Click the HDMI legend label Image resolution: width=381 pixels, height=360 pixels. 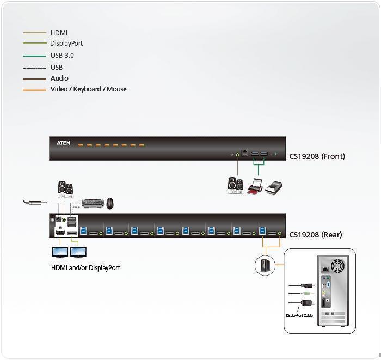point(59,33)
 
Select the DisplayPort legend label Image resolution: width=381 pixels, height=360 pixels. point(66,44)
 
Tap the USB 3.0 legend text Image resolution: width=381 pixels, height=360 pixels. point(62,56)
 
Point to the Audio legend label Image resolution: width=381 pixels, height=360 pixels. point(59,78)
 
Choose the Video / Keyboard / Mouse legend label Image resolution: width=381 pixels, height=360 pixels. point(88,89)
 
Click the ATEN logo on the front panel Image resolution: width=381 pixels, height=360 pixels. point(64,144)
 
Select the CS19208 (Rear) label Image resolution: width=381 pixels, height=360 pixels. point(316,235)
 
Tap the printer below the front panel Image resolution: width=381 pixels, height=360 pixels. point(255,187)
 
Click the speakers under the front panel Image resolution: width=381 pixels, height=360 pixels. point(235,185)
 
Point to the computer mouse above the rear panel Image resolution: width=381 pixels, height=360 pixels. point(109,204)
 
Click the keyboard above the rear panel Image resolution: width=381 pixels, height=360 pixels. point(92,203)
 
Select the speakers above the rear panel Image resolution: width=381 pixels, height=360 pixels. point(65,188)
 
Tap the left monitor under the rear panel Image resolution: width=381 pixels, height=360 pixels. point(59,253)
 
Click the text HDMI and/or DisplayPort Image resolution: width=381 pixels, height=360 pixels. point(85,268)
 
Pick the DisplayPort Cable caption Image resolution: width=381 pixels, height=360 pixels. point(299,316)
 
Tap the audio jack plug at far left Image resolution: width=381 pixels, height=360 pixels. point(33,203)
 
